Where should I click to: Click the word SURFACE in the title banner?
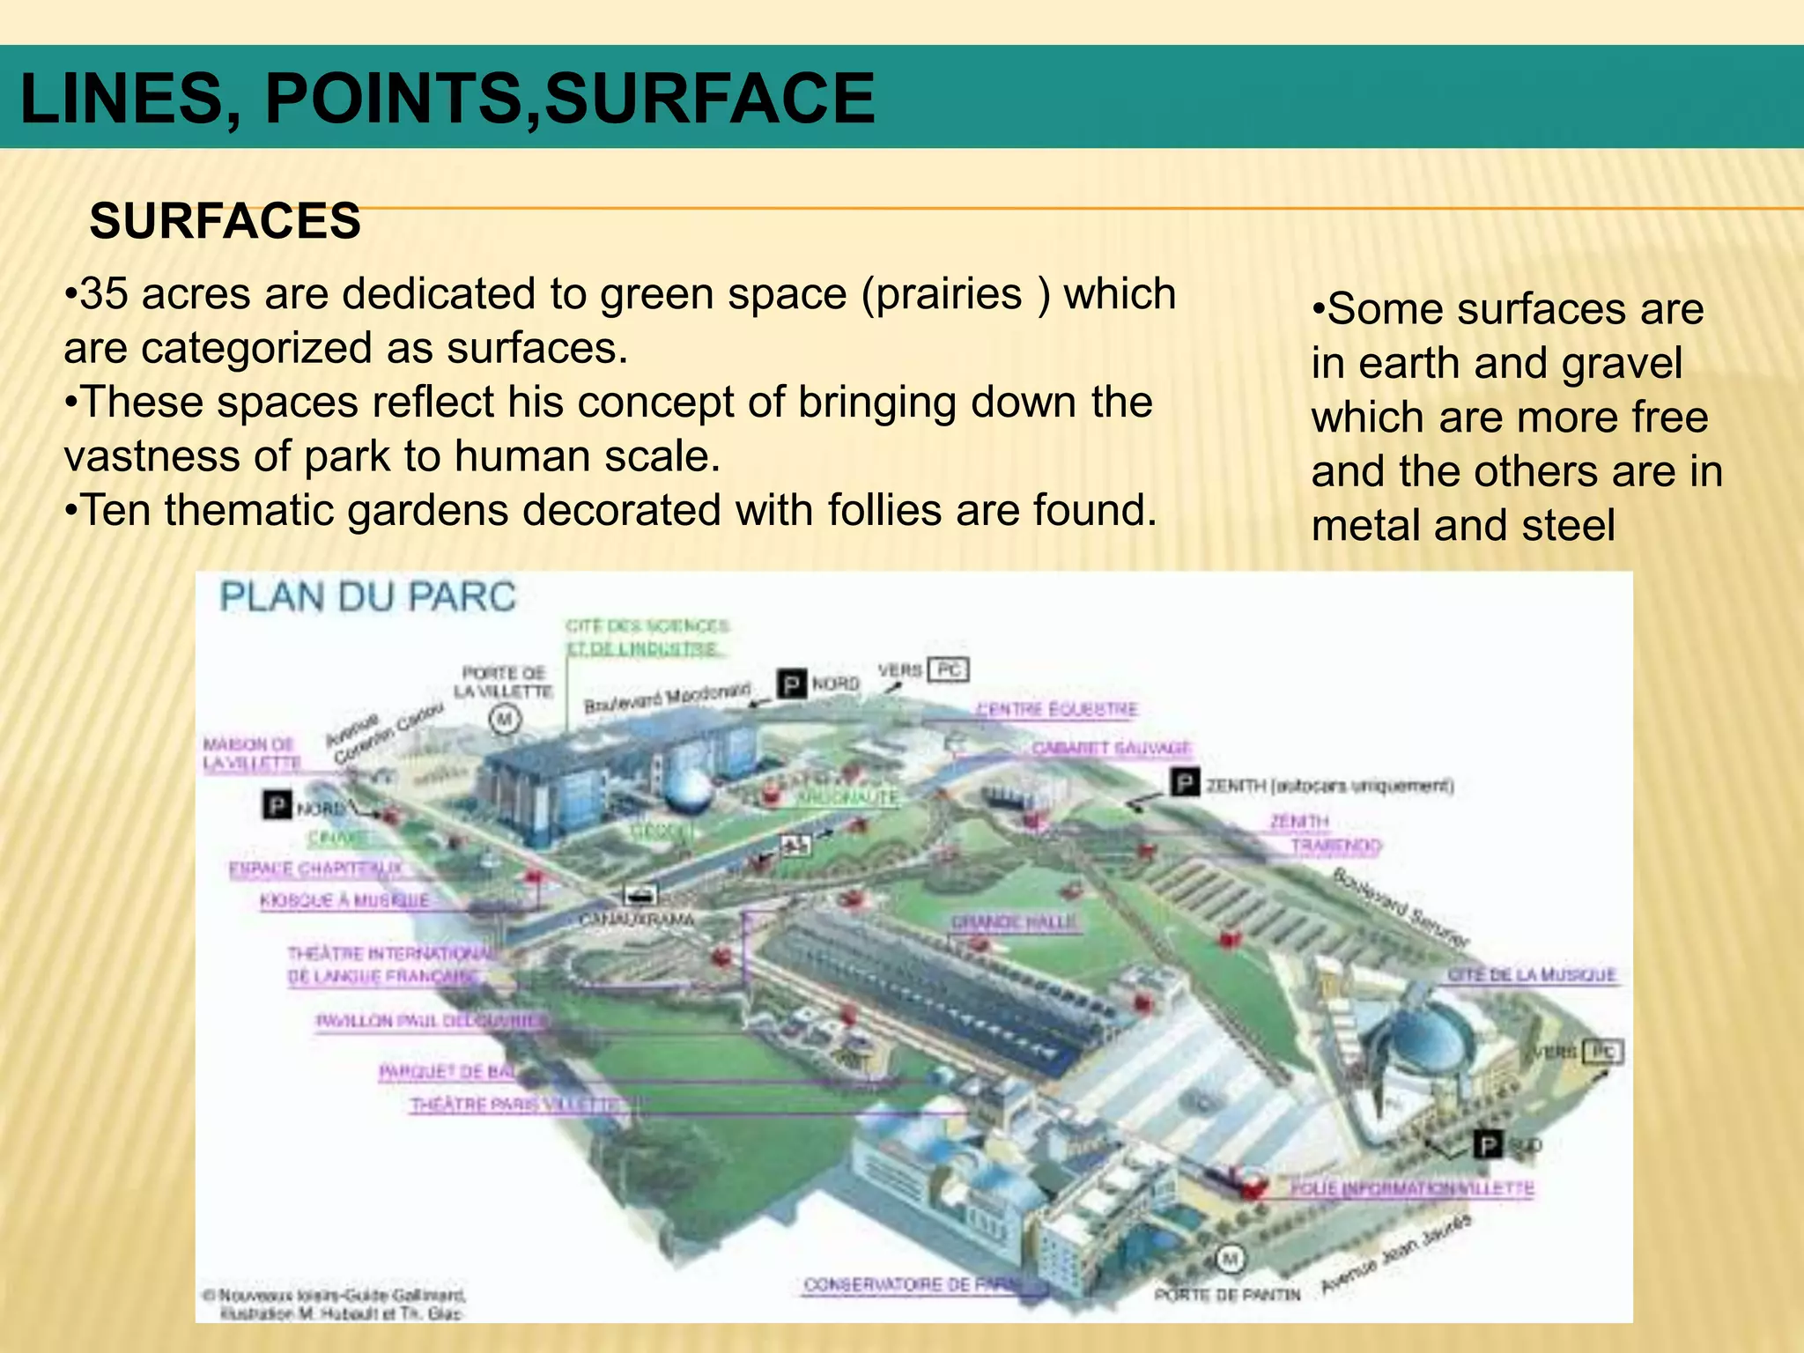tap(709, 98)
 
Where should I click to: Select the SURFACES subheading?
tap(225, 220)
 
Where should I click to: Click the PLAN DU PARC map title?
tap(367, 596)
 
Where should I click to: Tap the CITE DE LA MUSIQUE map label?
tap(1532, 975)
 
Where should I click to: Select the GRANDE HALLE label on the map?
tap(1014, 922)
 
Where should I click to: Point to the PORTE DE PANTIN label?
tap(1227, 1294)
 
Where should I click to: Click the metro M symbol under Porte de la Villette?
tap(505, 720)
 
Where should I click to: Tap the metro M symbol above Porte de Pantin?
tap(1230, 1260)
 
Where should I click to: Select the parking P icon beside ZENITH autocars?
tap(1185, 782)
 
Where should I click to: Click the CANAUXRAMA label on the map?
tap(636, 919)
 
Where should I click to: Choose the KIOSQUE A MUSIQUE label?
tap(344, 900)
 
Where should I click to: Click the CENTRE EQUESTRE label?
tap(1057, 709)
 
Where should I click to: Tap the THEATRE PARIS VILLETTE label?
tap(514, 1105)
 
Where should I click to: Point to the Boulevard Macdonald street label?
tap(668, 698)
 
